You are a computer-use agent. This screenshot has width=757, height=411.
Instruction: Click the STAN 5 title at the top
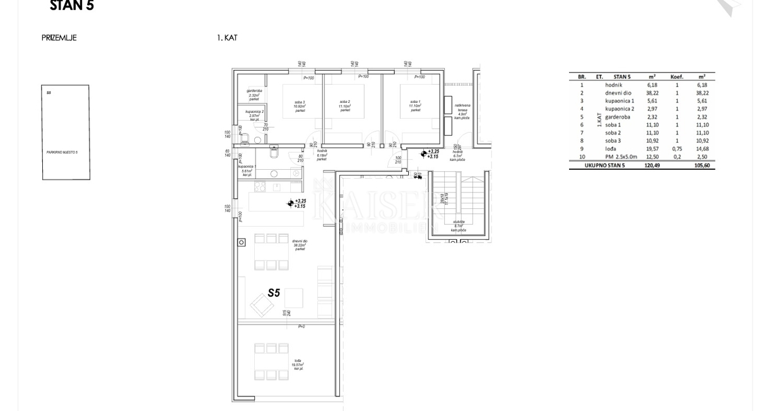coord(71,6)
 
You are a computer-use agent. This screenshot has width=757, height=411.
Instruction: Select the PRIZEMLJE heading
coord(59,38)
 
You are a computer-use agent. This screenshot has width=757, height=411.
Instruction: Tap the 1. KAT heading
coord(227,38)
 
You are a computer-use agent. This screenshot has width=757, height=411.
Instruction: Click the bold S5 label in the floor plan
coord(273,293)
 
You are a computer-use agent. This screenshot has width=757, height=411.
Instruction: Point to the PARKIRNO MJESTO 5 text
coord(61,152)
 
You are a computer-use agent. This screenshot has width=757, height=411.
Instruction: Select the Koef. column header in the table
coord(677,76)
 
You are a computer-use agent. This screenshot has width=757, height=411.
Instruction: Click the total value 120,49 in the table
coord(652,165)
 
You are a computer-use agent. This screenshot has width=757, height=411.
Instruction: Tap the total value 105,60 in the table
coord(701,165)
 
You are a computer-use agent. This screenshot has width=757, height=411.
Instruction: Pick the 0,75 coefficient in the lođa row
coord(677,149)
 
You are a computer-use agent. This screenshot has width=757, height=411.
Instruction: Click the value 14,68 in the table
coord(701,149)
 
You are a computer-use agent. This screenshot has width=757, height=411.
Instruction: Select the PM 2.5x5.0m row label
coord(621,157)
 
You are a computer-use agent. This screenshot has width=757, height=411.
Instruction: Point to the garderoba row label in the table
coord(618,117)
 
